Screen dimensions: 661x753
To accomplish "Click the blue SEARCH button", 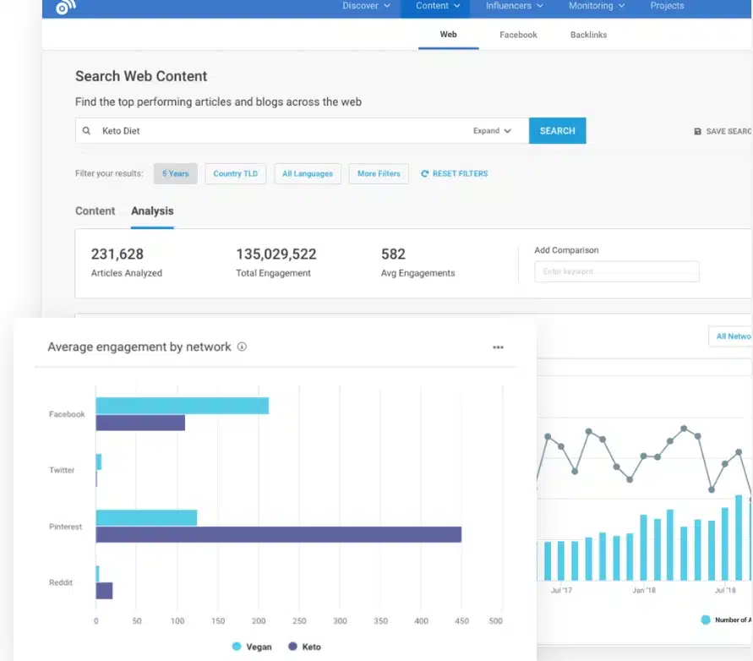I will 557,131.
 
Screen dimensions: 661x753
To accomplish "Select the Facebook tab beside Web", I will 518,35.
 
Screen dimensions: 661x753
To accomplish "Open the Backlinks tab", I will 588,35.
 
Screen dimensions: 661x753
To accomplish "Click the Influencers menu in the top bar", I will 514,6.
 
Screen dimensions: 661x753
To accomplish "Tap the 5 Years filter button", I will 176,173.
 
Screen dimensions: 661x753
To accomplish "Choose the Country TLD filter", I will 235,173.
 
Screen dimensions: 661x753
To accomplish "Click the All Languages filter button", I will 308,173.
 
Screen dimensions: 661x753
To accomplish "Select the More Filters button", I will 379,173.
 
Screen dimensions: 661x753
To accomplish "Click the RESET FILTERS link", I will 455,173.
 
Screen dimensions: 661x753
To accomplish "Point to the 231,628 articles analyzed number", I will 117,254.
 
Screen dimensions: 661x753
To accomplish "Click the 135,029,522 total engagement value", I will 276,254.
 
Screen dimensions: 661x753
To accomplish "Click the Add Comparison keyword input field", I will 616,271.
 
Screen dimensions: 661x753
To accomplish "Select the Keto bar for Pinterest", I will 279,534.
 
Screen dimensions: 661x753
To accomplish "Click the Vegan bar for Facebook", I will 182,406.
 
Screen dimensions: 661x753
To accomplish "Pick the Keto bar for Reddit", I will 104,591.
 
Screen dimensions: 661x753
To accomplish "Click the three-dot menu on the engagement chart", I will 498,347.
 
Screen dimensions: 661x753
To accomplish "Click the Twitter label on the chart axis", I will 62,470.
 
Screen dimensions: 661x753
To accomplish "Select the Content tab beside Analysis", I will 95,211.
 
